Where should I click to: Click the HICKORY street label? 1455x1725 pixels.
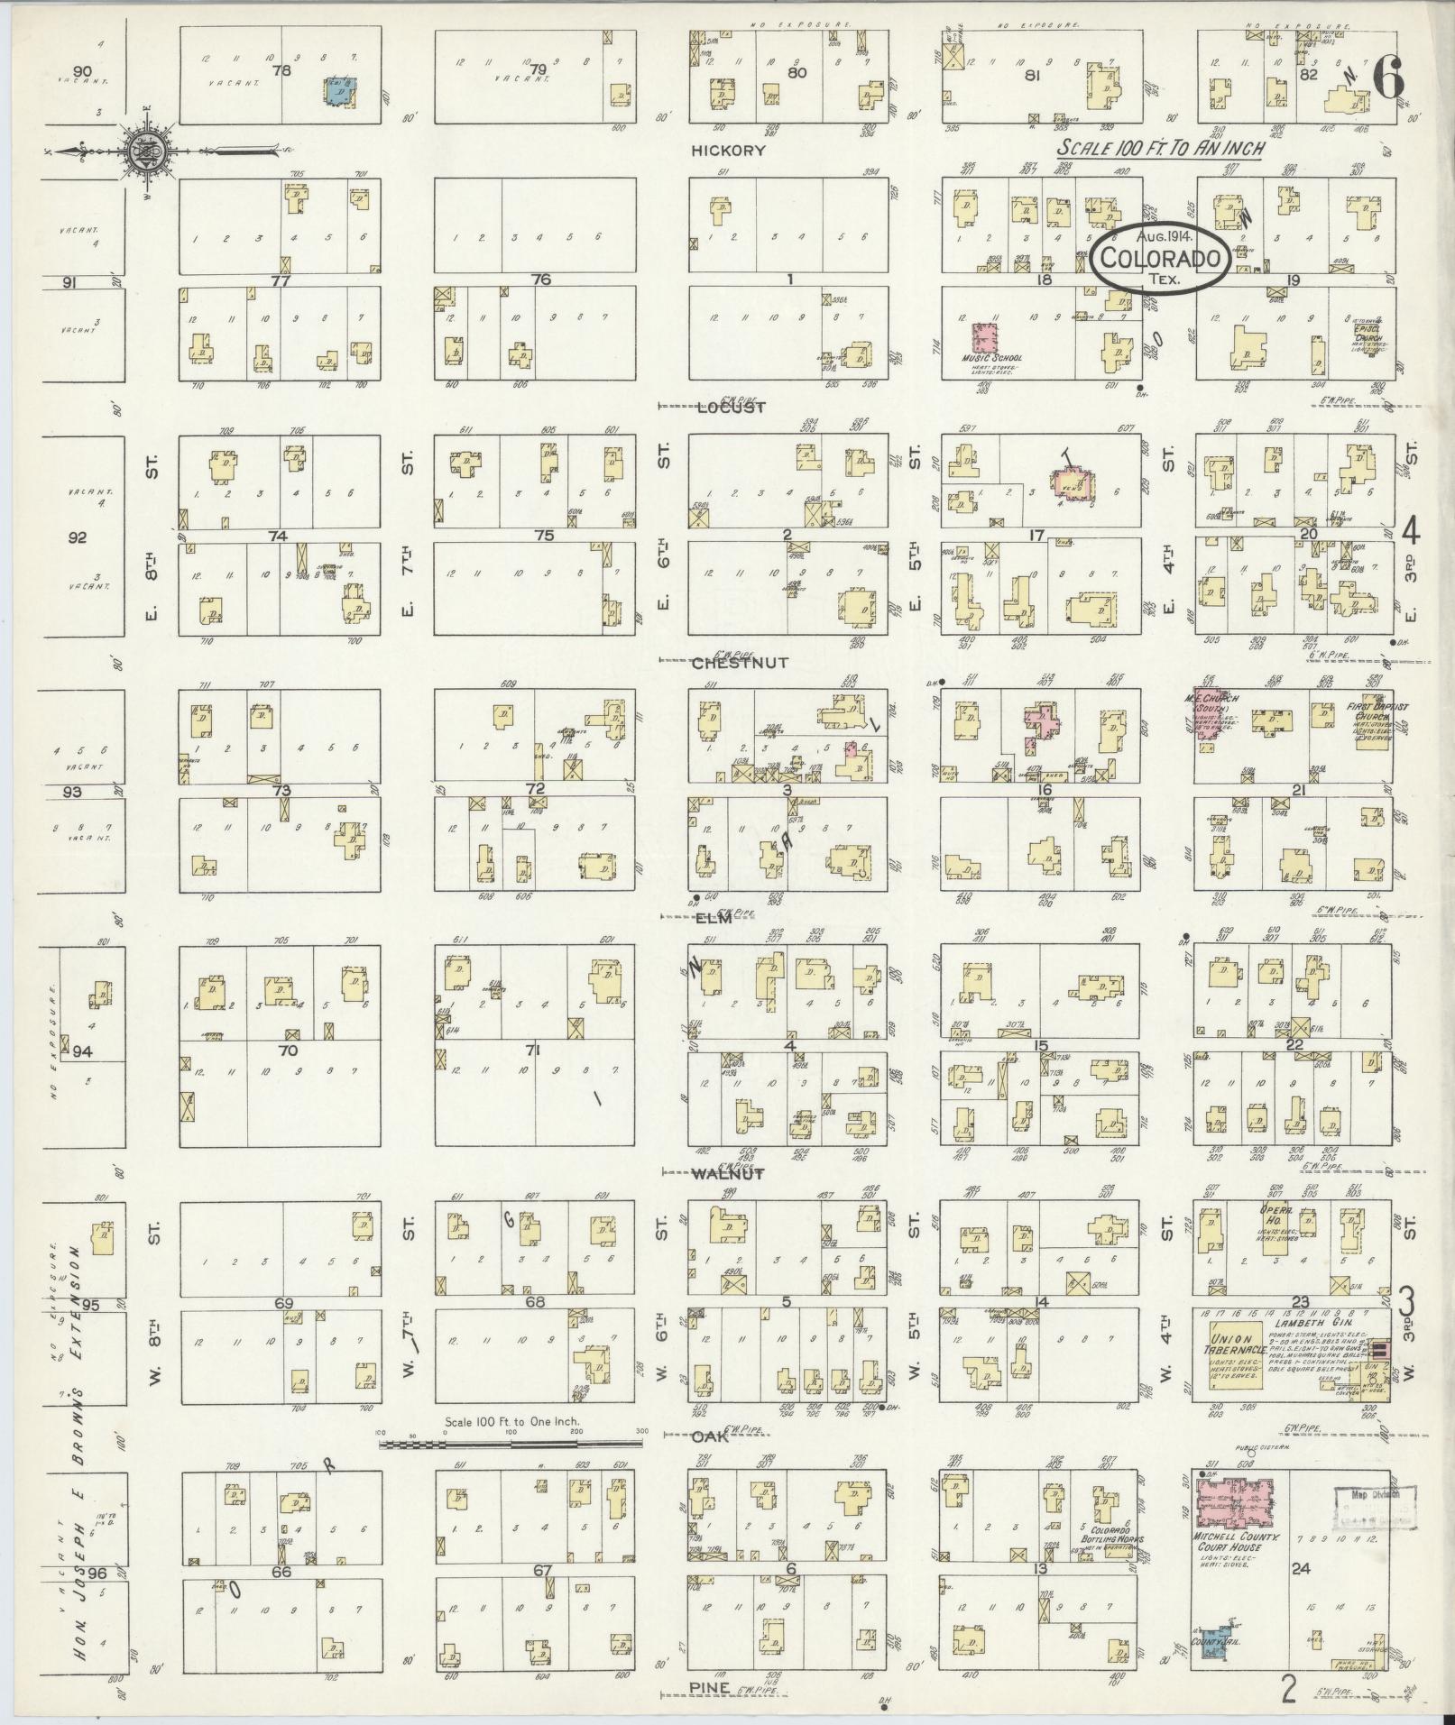point(728,151)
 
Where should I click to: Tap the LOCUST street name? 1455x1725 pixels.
point(732,408)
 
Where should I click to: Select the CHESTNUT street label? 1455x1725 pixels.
point(740,663)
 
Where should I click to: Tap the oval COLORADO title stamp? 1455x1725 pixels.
point(1161,258)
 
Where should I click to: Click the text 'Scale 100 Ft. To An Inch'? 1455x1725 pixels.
point(1162,149)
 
